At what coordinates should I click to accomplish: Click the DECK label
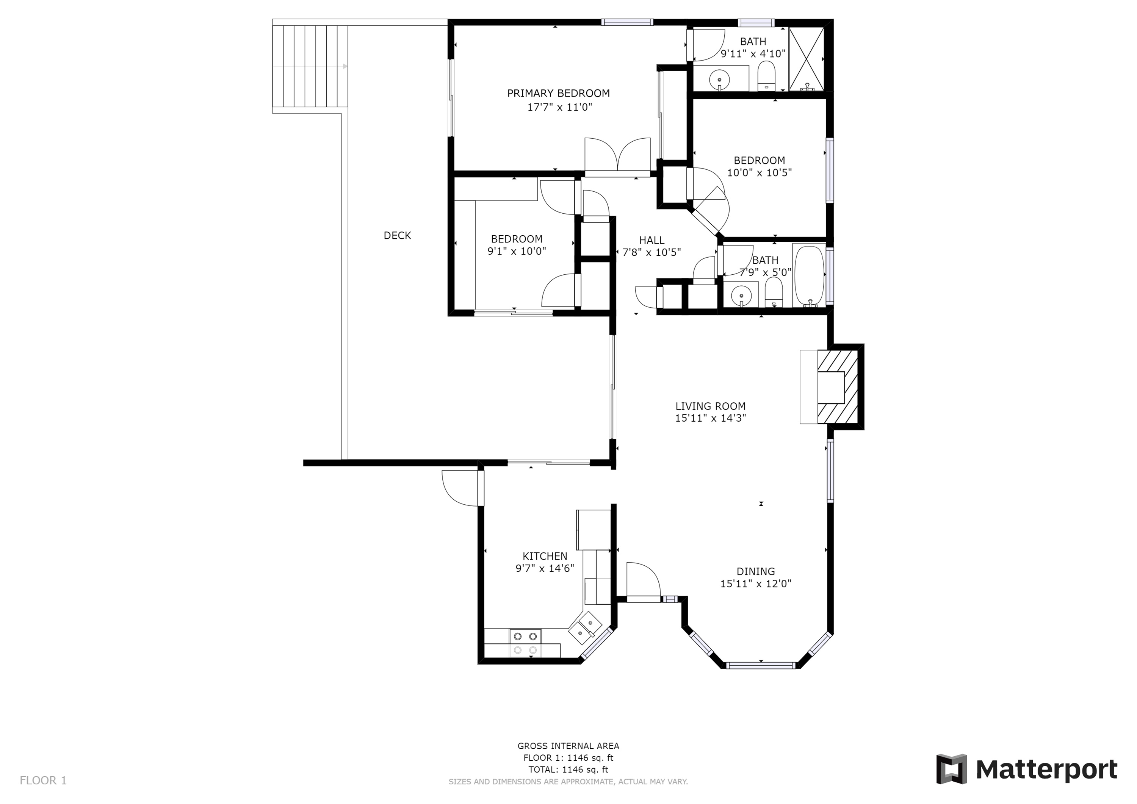point(397,236)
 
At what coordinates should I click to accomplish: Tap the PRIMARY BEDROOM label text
point(558,93)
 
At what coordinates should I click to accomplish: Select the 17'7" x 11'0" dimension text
point(559,107)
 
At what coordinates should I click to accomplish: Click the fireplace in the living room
point(831,386)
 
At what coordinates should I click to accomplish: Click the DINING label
point(756,571)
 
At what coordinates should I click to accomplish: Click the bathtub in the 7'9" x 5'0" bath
point(809,275)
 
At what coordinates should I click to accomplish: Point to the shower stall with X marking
point(806,59)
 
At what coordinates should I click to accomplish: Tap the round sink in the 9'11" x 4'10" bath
point(719,79)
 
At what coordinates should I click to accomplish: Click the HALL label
point(652,241)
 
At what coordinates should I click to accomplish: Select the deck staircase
point(310,66)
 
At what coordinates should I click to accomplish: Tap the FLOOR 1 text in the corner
point(43,781)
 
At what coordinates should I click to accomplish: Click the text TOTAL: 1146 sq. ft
point(568,770)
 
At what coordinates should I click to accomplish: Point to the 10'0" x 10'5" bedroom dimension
point(760,173)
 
